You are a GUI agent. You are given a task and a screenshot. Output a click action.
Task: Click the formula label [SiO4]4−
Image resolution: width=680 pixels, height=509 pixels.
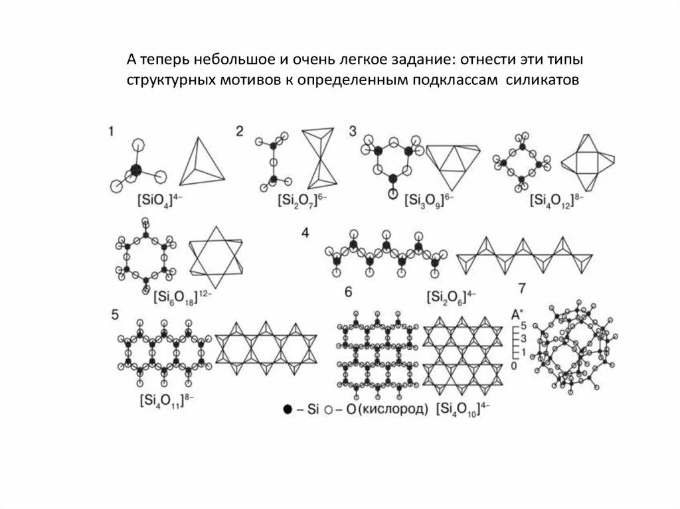coord(155,200)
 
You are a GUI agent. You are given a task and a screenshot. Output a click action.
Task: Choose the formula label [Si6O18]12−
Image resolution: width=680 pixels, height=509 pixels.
coord(183,296)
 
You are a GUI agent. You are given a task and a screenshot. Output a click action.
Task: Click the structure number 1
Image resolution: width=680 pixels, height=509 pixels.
coord(111,132)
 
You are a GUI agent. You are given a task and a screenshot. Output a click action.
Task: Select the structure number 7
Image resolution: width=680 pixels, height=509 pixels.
coord(522,288)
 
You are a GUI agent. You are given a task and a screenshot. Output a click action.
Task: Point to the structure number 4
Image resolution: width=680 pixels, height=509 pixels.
coord(305,233)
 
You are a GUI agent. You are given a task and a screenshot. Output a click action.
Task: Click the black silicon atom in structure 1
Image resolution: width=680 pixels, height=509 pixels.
coord(136,171)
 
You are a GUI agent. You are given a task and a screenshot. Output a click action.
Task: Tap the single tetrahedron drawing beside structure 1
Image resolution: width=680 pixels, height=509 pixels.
coord(200,162)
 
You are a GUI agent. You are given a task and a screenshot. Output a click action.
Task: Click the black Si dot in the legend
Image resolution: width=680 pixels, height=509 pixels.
coord(288,409)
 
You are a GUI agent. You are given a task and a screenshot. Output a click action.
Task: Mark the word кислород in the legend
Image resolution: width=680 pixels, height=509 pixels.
coord(392,409)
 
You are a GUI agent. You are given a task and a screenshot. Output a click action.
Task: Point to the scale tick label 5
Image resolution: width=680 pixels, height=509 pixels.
coord(523,326)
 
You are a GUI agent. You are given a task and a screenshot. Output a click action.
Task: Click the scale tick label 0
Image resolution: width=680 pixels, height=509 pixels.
coord(514,366)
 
